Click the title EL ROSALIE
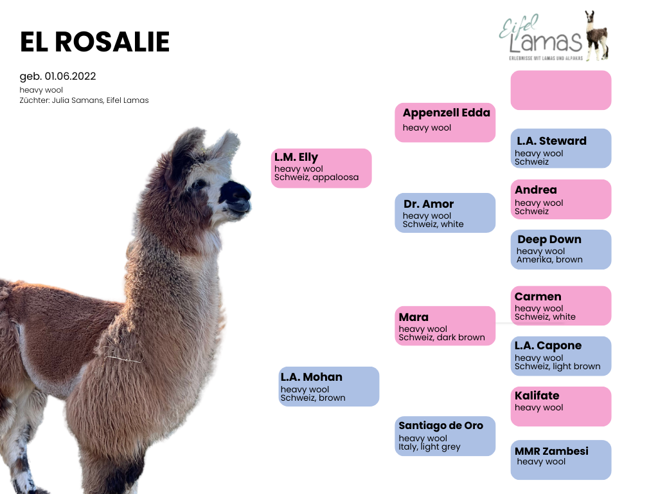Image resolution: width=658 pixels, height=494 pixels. [95, 42]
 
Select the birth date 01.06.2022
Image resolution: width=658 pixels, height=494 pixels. [71, 77]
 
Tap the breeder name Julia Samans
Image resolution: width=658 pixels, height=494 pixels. [77, 100]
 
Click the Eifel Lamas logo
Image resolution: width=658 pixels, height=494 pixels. [554, 36]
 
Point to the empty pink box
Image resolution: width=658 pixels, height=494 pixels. [560, 90]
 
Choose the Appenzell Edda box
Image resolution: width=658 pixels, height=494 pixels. [445, 123]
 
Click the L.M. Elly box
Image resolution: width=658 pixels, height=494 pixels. [321, 168]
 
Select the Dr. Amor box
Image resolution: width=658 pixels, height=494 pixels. [445, 213]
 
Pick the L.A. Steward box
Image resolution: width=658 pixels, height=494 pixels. [560, 149]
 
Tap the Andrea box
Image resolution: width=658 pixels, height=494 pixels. [560, 199]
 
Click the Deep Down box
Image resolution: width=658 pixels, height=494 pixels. [560, 250]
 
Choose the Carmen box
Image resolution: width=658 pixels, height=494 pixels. [560, 306]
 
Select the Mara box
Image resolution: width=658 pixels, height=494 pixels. [445, 326]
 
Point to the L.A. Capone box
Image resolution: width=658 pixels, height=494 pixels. [560, 356]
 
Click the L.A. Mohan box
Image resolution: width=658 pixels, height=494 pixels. [328, 387]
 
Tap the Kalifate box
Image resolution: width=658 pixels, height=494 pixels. [560, 407]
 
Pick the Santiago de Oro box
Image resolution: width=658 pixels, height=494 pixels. [445, 436]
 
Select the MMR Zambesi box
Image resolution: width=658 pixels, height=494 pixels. [560, 460]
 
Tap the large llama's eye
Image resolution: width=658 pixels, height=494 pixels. [198, 183]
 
